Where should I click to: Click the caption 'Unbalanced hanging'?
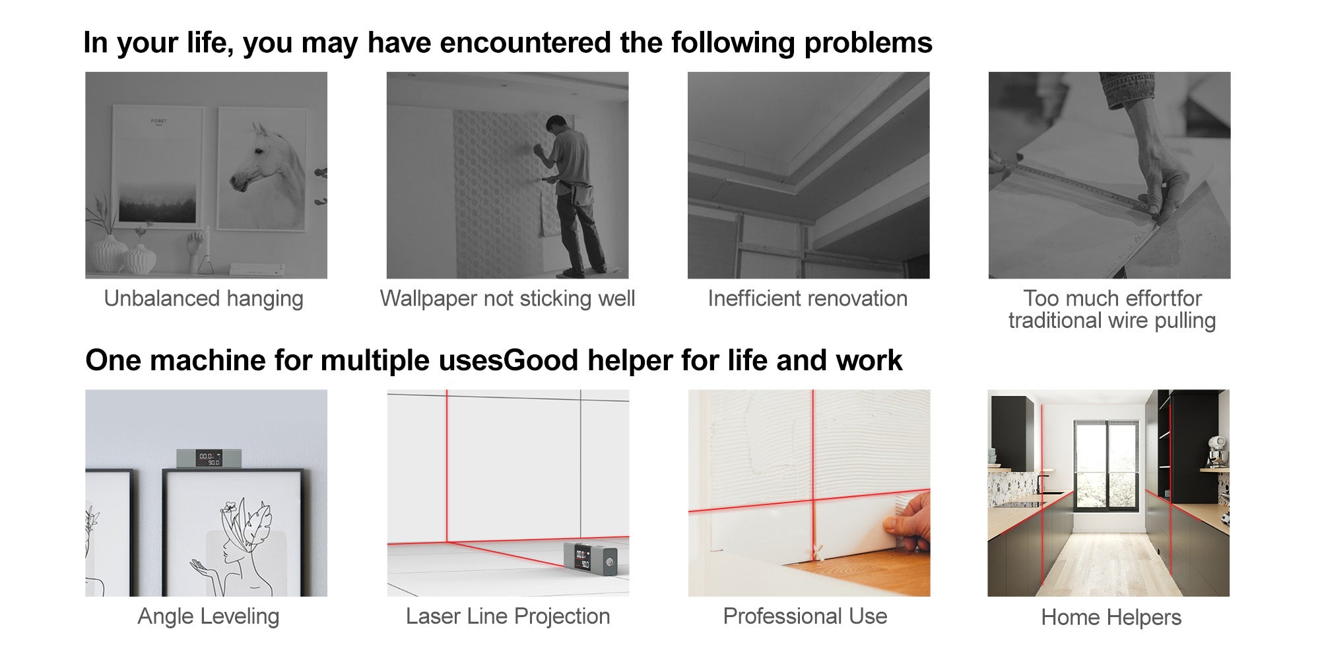tap(203, 299)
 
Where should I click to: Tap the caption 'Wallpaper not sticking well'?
tap(507, 299)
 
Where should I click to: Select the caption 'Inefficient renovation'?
tap(807, 298)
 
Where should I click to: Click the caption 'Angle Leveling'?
tap(208, 616)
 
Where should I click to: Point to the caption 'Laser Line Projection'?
tap(508, 616)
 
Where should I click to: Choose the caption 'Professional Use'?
tap(805, 616)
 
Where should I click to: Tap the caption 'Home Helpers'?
tap(1111, 618)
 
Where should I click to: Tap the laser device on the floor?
tap(590, 558)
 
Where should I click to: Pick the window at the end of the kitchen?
tap(1106, 466)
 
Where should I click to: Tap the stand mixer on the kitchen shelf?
tap(1217, 452)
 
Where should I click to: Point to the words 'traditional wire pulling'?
tap(1111, 321)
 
